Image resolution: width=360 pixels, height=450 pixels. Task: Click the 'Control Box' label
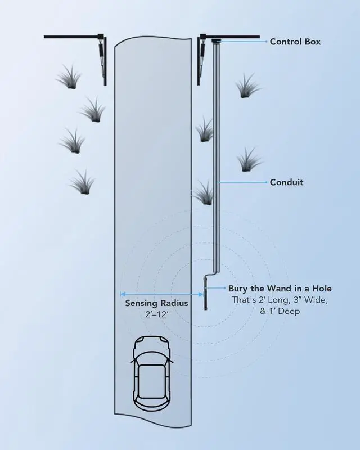coord(296,42)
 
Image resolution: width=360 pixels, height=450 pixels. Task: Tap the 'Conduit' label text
coord(286,182)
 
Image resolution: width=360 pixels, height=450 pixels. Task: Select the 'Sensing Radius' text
coord(156,303)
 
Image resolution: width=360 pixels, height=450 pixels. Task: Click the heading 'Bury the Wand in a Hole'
coord(280,288)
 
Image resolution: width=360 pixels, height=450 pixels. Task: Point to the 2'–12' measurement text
coord(156,315)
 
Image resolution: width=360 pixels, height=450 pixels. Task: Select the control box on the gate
coord(216,40)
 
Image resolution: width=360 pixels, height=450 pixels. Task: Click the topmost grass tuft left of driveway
coord(69,77)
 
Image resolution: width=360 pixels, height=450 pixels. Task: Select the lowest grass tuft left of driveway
coord(82,181)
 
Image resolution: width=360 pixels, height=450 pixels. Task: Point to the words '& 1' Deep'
coord(280,311)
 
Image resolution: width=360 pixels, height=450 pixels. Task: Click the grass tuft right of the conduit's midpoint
coord(248,160)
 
